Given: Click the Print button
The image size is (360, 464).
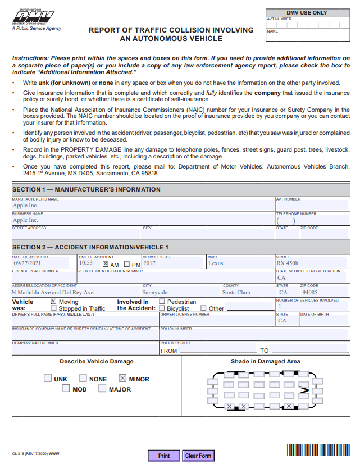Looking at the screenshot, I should (163, 456).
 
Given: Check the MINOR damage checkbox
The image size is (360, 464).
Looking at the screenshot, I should (123, 379).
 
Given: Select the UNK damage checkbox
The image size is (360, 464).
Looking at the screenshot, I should (48, 379).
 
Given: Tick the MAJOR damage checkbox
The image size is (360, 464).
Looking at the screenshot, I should (102, 389).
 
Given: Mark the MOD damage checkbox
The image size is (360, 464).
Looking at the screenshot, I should (66, 389).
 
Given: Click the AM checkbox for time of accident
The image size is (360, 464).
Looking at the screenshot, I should (106, 264).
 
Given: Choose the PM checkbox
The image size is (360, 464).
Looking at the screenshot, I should (127, 264).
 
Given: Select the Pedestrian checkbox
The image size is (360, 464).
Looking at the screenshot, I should (162, 302).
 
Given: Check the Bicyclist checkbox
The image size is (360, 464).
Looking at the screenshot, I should (162, 308).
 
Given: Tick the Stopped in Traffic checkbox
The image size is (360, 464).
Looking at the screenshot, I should (53, 308).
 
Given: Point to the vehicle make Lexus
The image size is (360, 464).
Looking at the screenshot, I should (216, 263).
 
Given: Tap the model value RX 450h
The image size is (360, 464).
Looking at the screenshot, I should (288, 263).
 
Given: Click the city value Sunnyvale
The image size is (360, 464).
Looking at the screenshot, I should (154, 293).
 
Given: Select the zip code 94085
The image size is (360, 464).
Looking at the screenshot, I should (309, 293).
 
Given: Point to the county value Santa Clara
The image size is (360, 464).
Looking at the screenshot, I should (236, 293).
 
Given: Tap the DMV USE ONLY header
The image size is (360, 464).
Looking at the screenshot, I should (307, 12).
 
